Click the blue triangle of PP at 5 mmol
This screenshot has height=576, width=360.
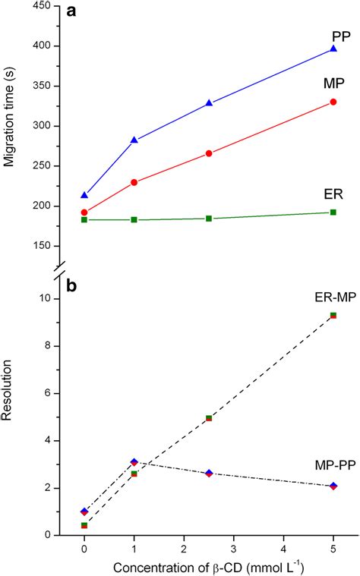333,49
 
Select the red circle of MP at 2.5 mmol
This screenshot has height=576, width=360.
209,153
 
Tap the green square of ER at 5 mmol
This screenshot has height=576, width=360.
333,212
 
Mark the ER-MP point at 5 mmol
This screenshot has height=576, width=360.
333,315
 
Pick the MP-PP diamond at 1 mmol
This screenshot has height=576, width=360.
134,461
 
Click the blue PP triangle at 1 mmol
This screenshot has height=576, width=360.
134,140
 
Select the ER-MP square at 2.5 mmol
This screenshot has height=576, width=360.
209,418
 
